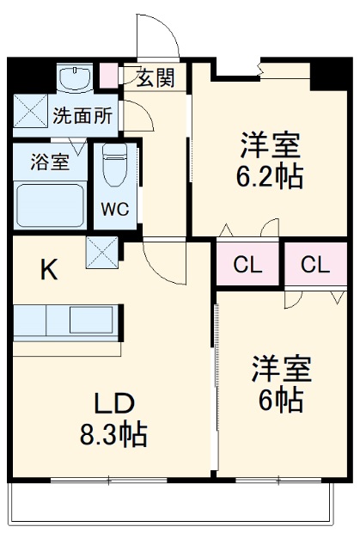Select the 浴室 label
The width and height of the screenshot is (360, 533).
(50, 162)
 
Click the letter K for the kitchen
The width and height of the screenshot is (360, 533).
(50, 271)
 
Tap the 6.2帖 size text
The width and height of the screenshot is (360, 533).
(269, 176)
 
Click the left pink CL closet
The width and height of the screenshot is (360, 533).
(247, 265)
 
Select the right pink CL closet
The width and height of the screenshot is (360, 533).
(315, 265)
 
